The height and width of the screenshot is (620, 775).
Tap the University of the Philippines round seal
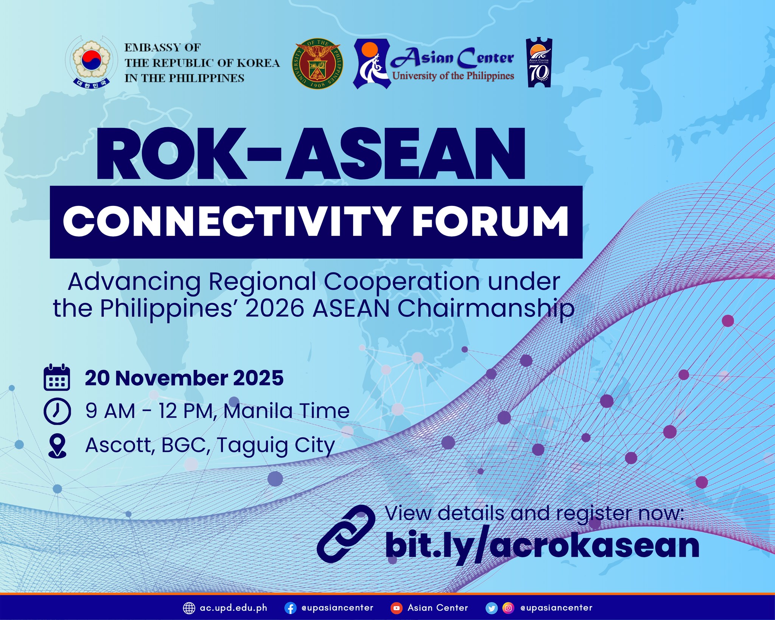tap(317, 64)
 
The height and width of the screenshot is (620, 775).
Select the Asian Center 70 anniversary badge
tap(538, 62)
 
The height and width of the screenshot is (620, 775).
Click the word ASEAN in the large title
tap(405, 155)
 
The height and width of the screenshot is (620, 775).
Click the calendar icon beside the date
tap(57, 377)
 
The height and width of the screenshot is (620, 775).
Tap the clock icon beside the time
tap(57, 411)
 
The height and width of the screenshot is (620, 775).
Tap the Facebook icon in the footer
tap(290, 608)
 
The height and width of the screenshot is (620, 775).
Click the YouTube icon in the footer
tap(396, 608)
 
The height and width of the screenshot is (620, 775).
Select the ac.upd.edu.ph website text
tap(233, 608)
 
